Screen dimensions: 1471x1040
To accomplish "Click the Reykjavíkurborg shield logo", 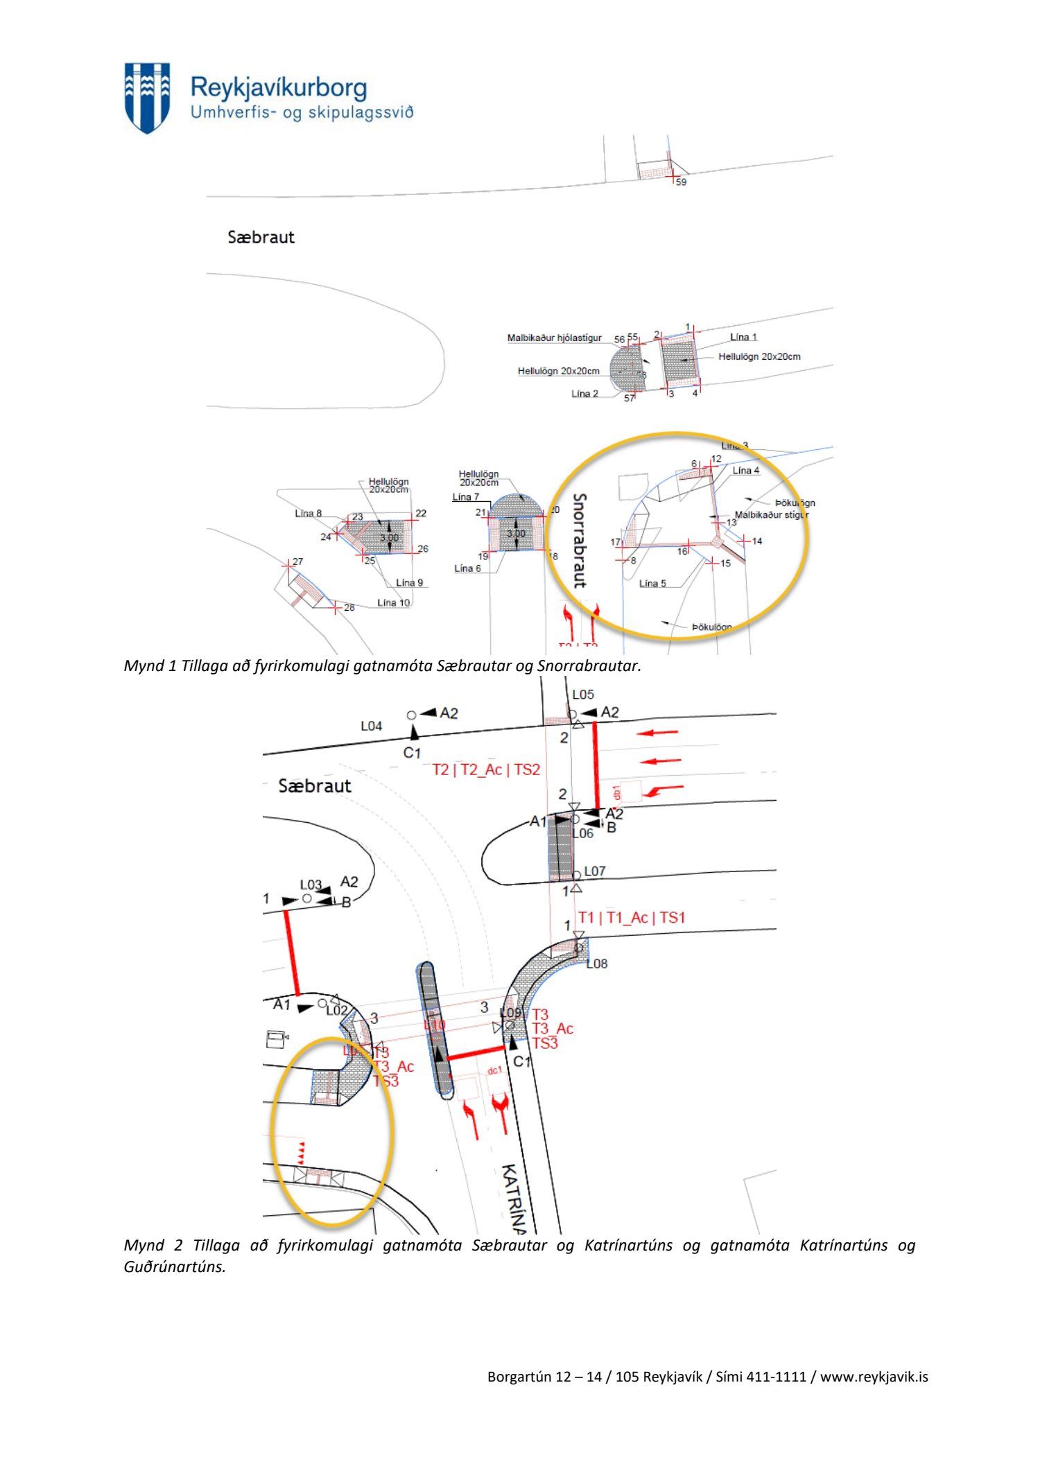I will tap(147, 97).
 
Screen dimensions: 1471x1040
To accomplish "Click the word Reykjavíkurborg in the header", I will tap(278, 88).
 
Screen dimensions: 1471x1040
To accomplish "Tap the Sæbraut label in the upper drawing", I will tap(261, 237).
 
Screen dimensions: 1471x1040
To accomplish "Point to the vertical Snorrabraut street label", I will tap(580, 540).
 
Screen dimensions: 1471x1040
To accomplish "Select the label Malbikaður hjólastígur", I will tap(554, 338).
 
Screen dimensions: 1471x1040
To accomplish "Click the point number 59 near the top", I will tap(681, 182).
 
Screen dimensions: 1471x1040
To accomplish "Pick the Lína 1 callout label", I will tap(743, 337).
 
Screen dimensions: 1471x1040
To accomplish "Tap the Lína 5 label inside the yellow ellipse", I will tap(652, 583).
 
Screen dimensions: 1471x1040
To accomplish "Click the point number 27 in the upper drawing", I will tap(297, 562).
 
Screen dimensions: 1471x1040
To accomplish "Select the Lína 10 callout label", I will tap(393, 602).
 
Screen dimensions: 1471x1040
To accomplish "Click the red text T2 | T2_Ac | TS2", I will tap(485, 769).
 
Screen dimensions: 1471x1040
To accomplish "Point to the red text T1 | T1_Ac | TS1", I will tap(632, 918).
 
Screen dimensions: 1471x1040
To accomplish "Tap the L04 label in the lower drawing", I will tap(371, 726).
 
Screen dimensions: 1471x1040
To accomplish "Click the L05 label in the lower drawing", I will tap(583, 694).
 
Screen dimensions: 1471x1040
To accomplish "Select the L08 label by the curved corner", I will tap(596, 964).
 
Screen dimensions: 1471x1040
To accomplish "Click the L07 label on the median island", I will tap(595, 871).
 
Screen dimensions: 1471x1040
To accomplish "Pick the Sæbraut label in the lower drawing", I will tap(315, 786).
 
